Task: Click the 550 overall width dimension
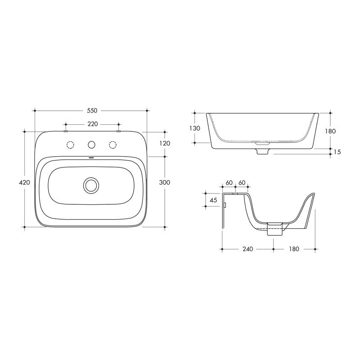point(92,110)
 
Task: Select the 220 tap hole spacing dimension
point(92,124)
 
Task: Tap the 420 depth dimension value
point(24,182)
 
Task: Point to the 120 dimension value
point(165,143)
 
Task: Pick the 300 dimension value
point(165,182)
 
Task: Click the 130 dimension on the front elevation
point(194,128)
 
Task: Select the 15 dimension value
point(337,152)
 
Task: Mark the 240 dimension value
point(247,249)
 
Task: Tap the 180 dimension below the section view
point(295,249)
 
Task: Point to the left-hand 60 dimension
point(229,183)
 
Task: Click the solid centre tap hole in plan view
point(92,144)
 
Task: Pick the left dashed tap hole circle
point(70,144)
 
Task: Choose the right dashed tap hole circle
point(112,144)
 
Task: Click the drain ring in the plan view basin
point(91,184)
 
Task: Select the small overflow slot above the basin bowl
point(91,158)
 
